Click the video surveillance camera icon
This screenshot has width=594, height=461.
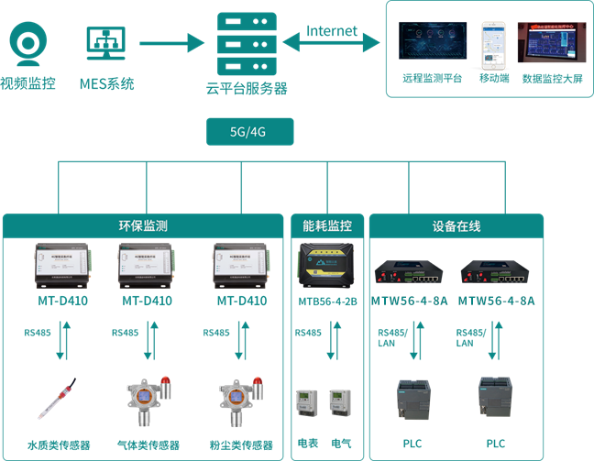point(27,43)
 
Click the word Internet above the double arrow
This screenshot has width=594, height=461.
point(332,30)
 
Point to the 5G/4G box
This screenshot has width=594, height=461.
point(247,131)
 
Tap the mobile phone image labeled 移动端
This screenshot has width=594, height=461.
point(493,45)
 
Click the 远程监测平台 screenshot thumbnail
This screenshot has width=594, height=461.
point(431,45)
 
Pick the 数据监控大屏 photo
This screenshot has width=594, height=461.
point(552,43)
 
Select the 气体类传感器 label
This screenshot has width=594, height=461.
point(148,445)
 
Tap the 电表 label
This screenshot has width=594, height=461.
point(307,444)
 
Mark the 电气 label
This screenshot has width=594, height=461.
point(342,444)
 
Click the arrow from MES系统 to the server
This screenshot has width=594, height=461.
point(170,42)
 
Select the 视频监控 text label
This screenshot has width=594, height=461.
point(27,83)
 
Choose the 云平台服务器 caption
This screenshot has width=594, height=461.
point(247,89)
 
